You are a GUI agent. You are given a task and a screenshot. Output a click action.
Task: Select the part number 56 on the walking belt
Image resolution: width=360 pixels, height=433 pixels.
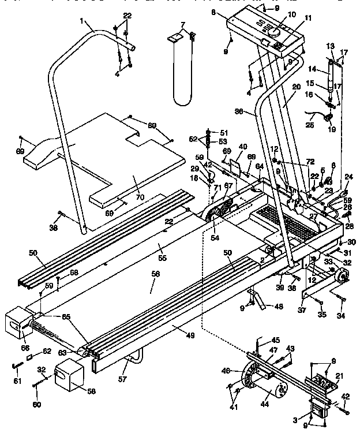click(154, 275)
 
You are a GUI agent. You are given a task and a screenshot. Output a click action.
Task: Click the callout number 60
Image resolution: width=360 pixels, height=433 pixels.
click(36, 405)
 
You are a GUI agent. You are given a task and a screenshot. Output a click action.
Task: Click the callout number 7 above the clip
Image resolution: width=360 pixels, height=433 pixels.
click(183, 25)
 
